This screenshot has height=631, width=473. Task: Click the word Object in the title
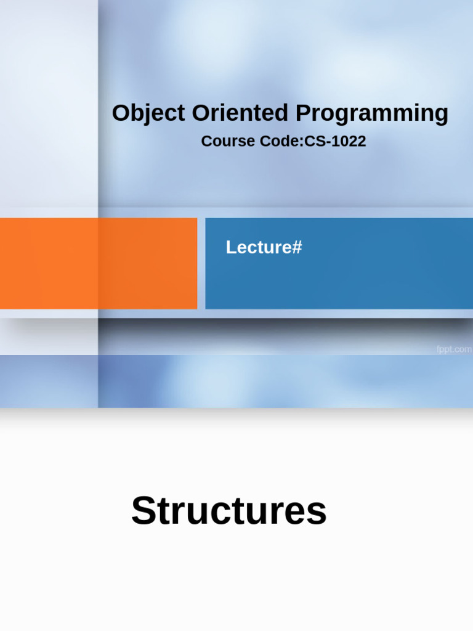click(x=148, y=113)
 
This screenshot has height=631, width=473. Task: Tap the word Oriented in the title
click(x=240, y=113)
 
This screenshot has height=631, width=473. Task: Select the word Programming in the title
click(x=371, y=114)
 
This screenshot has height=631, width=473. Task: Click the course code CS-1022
click(x=335, y=141)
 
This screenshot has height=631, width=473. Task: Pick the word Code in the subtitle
click(x=279, y=141)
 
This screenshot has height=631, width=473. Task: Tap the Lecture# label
click(x=264, y=247)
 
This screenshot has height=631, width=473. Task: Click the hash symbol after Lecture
click(x=297, y=247)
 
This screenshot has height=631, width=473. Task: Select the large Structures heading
click(x=229, y=510)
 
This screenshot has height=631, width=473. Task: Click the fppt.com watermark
click(x=454, y=349)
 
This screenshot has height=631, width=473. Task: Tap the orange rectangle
click(x=99, y=264)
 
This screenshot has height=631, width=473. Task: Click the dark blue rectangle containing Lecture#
click(x=339, y=264)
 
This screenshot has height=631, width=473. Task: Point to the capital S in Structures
click(x=144, y=510)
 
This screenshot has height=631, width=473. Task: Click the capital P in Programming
click(x=304, y=113)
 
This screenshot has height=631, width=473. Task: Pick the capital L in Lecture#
click(x=231, y=247)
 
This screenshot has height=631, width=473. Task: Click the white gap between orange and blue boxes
click(x=201, y=264)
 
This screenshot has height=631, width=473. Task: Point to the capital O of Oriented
click(x=201, y=113)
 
